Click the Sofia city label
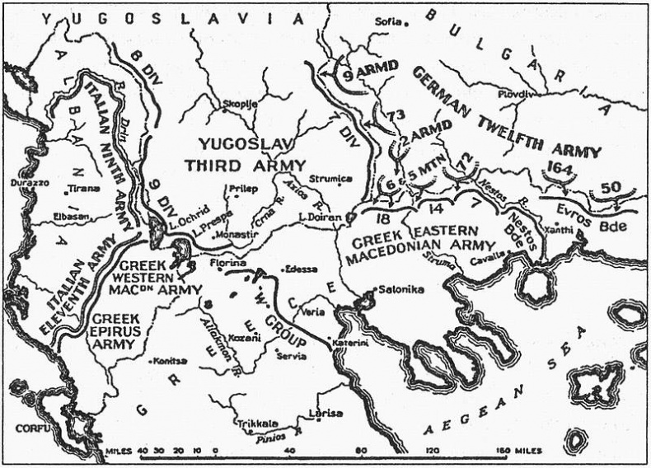[x=388, y=22]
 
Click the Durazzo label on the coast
[x=27, y=181]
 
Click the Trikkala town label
[x=254, y=424]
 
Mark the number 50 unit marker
[x=612, y=187]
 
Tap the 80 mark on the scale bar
[x=362, y=451]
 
